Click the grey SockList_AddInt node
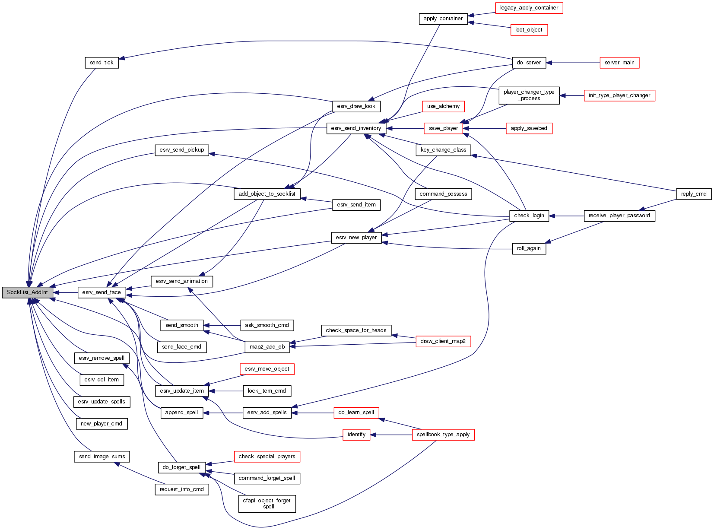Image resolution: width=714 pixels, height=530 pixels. (x=28, y=292)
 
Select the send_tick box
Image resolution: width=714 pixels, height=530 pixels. (x=102, y=63)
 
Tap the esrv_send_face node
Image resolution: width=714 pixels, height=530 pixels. (x=102, y=292)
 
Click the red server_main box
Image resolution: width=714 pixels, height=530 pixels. (x=619, y=63)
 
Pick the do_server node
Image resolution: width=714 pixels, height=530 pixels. (x=529, y=63)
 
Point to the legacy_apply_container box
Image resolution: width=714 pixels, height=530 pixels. (x=529, y=8)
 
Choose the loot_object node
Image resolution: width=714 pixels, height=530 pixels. (x=529, y=30)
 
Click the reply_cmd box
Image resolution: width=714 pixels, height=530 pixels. (x=694, y=194)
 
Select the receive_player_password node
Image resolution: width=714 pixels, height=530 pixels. (x=619, y=216)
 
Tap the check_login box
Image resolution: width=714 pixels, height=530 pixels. (x=529, y=216)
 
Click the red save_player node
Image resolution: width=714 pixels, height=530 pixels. (x=443, y=128)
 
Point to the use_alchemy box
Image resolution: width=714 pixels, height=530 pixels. (x=443, y=106)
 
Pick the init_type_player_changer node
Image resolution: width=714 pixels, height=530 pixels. (x=619, y=95)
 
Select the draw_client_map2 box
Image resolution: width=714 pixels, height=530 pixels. (x=443, y=341)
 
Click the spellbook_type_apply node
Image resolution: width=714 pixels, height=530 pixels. (x=443, y=435)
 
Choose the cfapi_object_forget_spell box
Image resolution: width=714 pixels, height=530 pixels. (x=267, y=504)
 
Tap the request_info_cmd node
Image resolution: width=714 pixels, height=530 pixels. (x=181, y=489)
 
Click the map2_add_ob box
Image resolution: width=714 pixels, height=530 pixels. (x=267, y=347)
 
